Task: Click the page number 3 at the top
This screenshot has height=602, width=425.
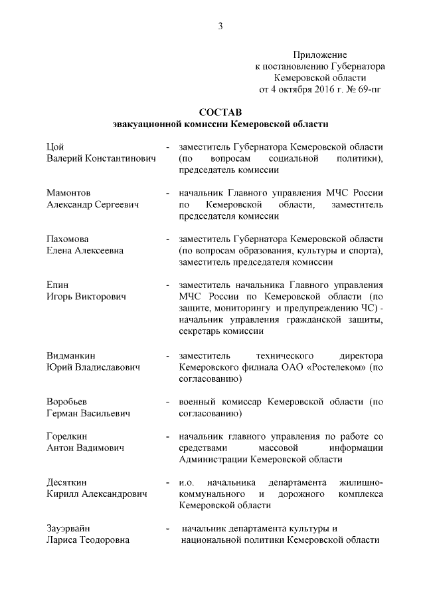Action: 220,26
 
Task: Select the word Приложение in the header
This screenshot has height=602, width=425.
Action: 320,54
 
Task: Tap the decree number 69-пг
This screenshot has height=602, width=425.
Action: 366,88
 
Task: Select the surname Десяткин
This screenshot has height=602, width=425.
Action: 68,482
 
